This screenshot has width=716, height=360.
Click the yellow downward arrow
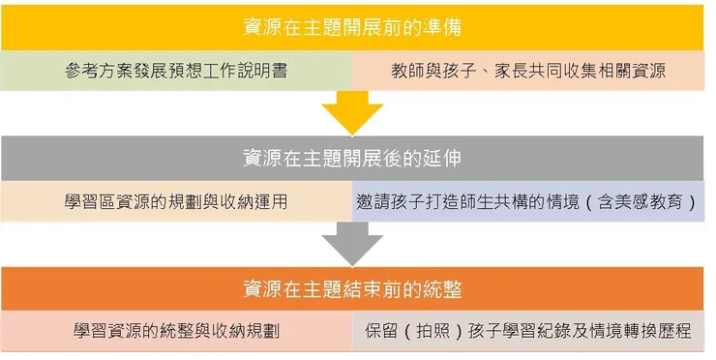[352, 112]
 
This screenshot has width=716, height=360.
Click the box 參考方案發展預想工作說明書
[177, 71]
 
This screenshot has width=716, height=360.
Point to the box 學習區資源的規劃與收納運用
[176, 202]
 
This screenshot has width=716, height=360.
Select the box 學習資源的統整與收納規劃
[176, 331]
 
